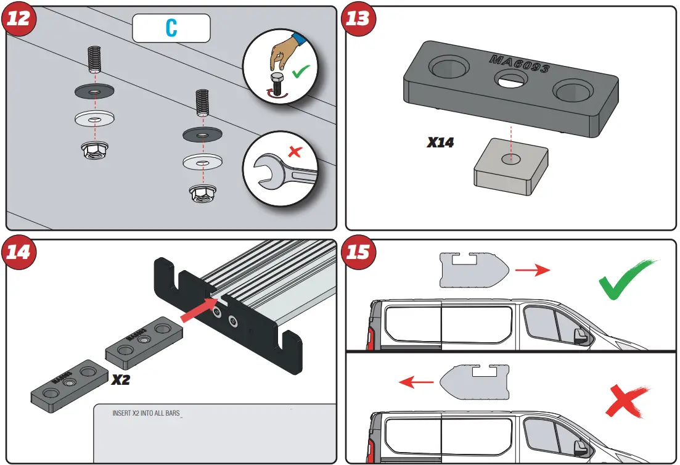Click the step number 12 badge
coord(18,19)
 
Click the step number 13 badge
coord(358,19)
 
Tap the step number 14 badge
coord(18,252)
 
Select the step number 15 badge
coord(358,252)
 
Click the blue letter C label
coord(171,28)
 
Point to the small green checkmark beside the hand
coord(301,72)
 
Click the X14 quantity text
coord(440,142)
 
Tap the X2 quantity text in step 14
coord(121,380)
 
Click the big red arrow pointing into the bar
coord(198,310)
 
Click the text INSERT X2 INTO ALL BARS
coord(145,413)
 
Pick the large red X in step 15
coord(628,401)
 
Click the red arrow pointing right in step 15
coord(532,270)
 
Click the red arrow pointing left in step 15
coord(416,382)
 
